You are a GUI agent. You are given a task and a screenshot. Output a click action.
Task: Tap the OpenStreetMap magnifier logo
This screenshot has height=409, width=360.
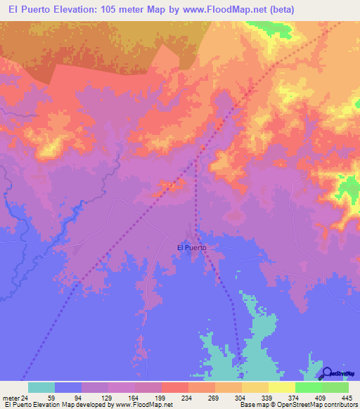coord(327,373)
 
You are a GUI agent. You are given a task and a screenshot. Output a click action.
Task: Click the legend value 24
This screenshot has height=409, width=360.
coord(25,397)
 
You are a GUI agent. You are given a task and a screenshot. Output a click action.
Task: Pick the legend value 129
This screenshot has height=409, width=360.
coord(102,397)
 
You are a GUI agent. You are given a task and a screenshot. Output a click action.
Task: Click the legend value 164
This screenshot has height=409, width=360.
coord(129,397)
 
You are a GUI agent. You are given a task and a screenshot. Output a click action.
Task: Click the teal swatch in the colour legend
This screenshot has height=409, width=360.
coord(41,387)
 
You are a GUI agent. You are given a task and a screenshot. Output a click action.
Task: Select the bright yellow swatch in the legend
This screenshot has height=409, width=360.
coord(281,387)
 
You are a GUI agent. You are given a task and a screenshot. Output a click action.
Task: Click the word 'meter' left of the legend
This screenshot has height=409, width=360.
coord(10,397)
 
